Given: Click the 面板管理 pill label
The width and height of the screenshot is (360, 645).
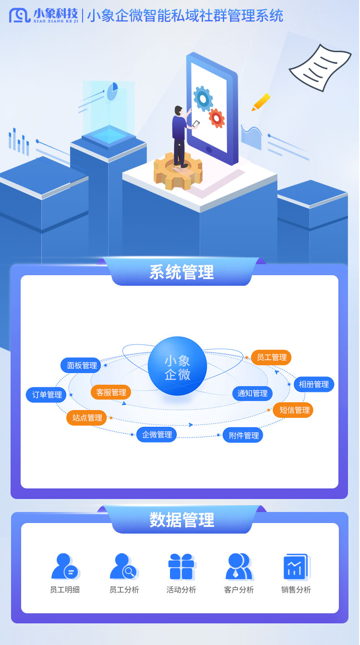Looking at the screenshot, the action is (81, 365).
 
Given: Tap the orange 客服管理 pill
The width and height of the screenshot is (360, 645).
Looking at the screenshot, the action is (111, 392).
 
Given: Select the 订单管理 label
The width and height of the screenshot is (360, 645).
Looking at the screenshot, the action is (46, 394).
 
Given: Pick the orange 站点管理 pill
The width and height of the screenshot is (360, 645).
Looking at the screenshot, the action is (86, 417).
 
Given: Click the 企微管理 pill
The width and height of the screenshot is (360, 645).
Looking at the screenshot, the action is (156, 435).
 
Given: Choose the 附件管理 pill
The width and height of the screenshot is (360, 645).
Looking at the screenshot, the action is (243, 435).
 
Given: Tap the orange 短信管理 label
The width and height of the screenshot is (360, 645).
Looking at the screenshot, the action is (293, 410).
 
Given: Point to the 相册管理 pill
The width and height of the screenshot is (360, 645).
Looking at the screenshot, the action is (314, 384).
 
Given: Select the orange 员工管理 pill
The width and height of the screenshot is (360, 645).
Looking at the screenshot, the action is (271, 357).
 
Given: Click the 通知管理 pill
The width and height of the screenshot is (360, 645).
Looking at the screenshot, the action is (252, 393).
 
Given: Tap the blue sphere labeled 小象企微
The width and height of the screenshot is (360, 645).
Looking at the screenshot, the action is (177, 365).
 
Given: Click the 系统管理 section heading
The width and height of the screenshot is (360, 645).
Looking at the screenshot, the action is (181, 272).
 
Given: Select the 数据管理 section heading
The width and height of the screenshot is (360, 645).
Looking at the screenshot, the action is (181, 520).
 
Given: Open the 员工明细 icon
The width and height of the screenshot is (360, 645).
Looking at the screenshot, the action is (65, 566).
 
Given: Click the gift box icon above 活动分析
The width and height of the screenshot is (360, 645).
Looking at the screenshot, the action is (181, 566).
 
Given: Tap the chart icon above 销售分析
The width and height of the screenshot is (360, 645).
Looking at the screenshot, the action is (297, 567).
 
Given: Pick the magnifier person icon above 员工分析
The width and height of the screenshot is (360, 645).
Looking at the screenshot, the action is (124, 566).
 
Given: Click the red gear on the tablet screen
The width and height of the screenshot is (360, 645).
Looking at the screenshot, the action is (216, 118).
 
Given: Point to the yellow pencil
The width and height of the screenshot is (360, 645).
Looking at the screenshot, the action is (261, 102).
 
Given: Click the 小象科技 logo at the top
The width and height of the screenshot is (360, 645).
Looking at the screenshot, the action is (44, 15).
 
